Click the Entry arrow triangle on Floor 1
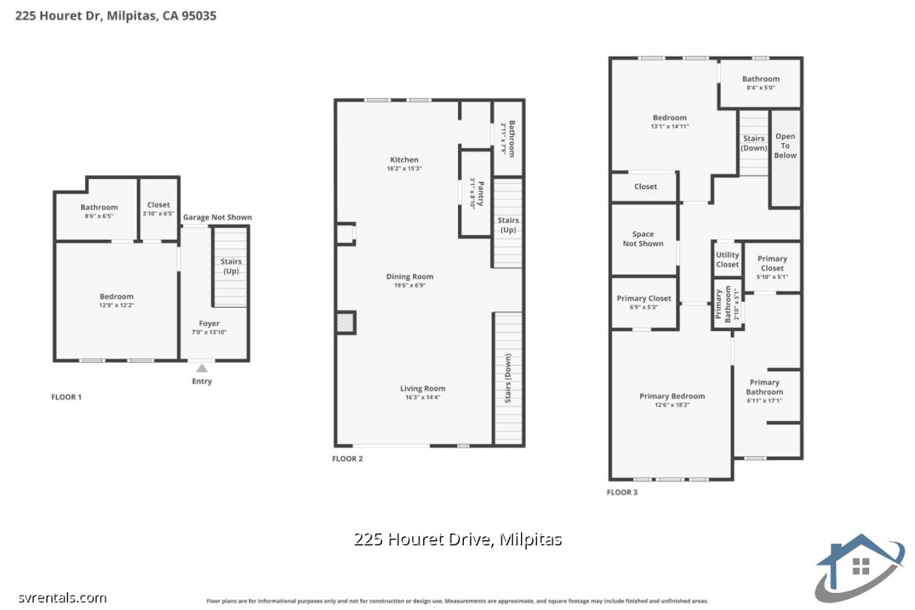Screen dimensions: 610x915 [x=201, y=368]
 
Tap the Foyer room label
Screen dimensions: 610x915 [x=209, y=323]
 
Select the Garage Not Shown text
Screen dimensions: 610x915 [x=217, y=217]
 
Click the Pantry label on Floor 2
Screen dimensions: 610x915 [x=481, y=194]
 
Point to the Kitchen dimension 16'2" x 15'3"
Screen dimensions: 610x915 [x=404, y=169]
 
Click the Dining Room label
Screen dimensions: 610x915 [x=410, y=276]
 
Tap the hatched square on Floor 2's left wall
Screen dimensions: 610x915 [x=345, y=322]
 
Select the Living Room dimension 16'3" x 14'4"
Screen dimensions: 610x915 [x=423, y=398]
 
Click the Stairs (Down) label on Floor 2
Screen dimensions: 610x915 [x=508, y=378]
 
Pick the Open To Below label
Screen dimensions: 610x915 [x=785, y=146]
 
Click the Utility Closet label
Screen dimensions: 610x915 [x=727, y=259]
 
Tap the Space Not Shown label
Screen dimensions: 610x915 [x=643, y=239]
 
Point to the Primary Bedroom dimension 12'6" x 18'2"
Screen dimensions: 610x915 [x=672, y=405]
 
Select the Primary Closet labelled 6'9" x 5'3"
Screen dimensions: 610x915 [x=644, y=299]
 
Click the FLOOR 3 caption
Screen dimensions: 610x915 [x=622, y=492]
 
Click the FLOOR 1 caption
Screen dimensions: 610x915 [x=66, y=397]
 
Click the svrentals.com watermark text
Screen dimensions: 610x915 [x=62, y=598]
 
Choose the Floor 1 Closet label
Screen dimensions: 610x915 [x=158, y=205]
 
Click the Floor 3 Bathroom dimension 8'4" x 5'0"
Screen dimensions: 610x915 [x=761, y=88]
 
